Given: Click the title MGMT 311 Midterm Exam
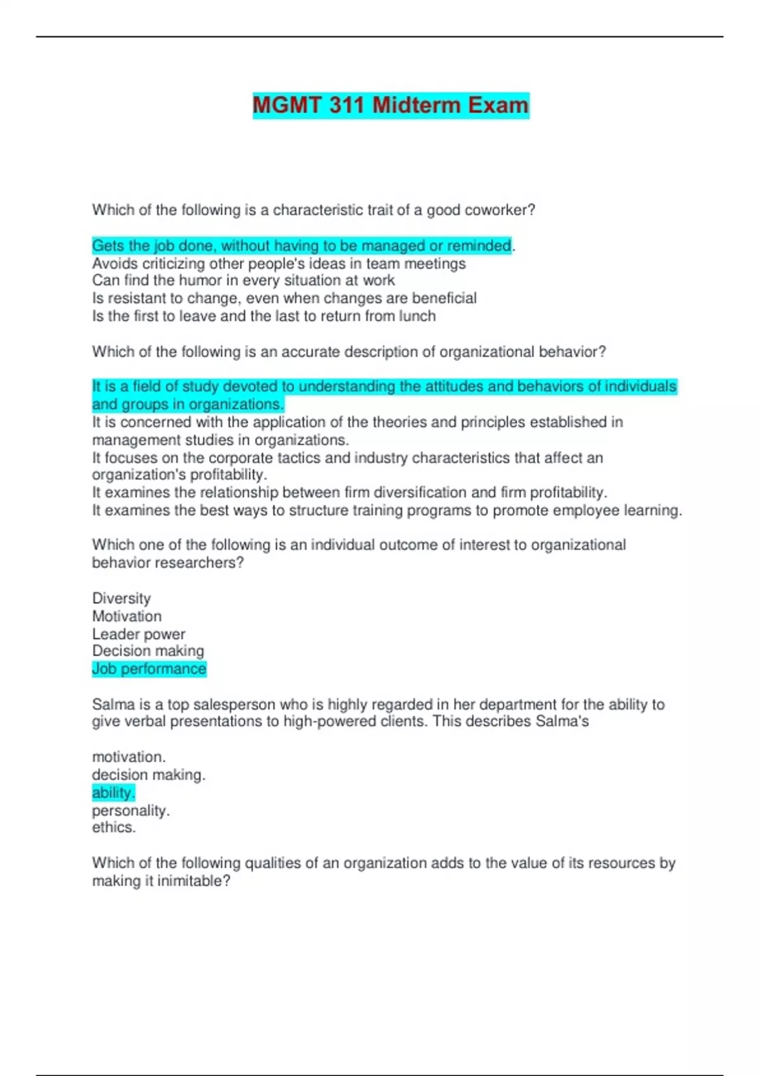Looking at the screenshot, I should pos(391,105).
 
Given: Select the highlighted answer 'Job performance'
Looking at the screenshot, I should pos(149,669).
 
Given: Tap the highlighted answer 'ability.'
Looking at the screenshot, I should pos(113,792).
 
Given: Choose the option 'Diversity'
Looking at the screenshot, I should pos(122,598).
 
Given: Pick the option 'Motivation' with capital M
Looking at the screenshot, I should pos(127,616).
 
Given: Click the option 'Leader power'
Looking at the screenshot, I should pos(139,634).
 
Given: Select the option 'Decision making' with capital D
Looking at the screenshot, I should pos(148,651).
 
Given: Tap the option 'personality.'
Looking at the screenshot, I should pos(131,810).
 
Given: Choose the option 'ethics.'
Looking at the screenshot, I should pos(114,827).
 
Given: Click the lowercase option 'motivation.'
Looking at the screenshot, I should pos(129,757).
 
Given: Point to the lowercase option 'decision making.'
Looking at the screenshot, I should pos(149,775).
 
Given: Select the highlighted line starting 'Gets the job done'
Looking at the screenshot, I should pos(301,246).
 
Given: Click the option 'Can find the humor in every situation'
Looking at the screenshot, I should pos(243,280).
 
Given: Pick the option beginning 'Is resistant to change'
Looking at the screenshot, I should pos(284,298).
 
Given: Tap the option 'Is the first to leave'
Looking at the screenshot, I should pos(263,316).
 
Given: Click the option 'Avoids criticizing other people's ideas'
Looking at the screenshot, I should pos(279,263).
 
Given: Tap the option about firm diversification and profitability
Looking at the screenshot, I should pos(350,492).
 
